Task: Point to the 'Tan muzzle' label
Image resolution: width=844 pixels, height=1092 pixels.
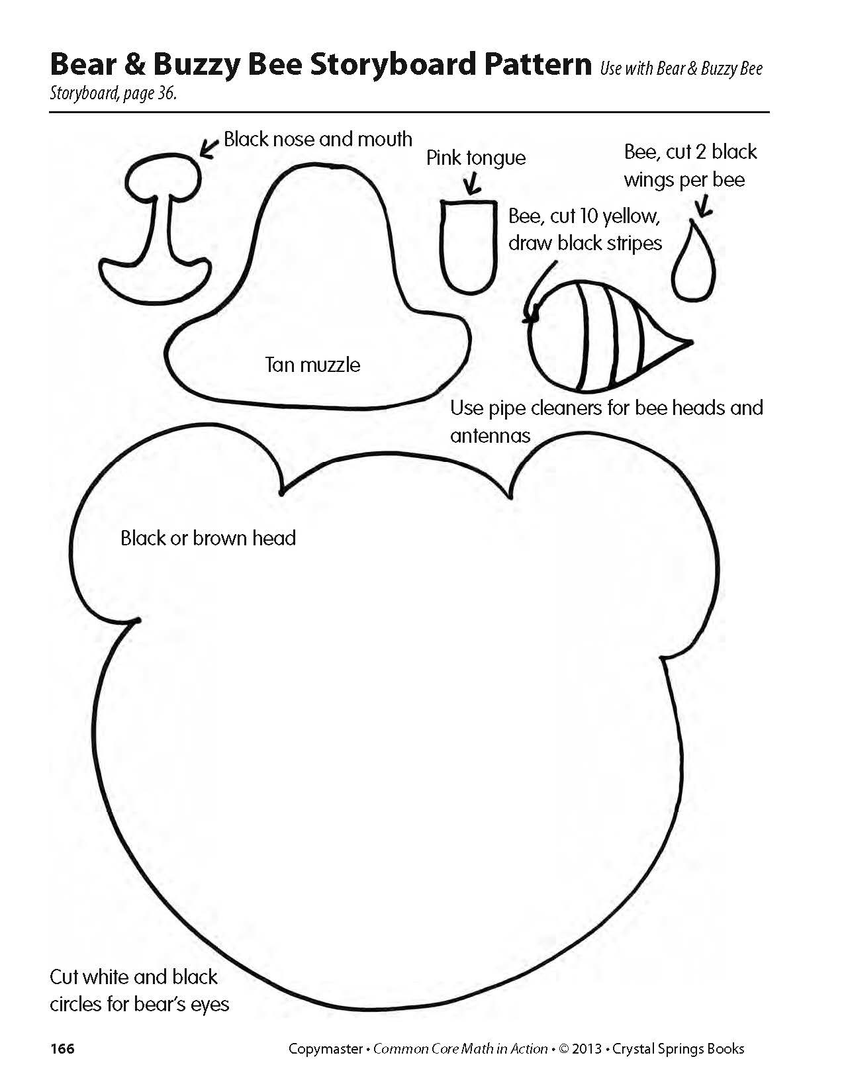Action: point(312,365)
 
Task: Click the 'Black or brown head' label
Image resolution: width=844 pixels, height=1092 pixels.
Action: point(208,538)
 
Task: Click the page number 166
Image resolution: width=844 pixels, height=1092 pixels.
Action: point(62,1049)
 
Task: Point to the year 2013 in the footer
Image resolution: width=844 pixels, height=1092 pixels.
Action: point(587,1049)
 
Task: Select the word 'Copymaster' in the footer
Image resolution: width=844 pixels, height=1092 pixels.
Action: point(325,1049)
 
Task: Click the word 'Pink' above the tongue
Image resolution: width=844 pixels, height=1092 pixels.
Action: point(444,158)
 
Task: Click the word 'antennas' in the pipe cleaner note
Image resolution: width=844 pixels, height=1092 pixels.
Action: point(490,435)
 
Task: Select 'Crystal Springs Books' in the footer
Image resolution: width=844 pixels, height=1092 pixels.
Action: point(679,1049)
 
